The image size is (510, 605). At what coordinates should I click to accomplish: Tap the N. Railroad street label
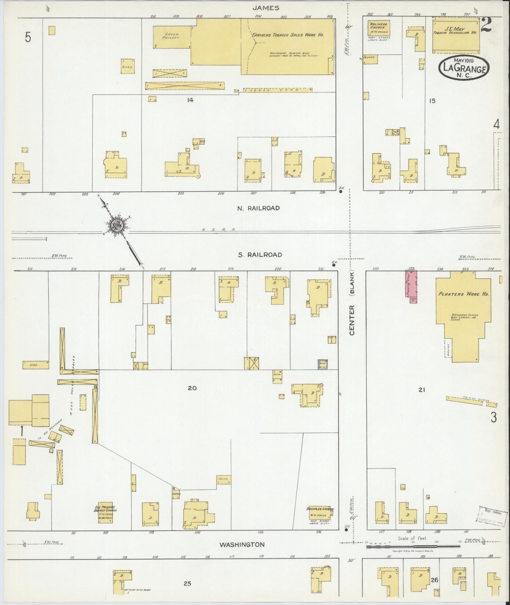[x=259, y=208]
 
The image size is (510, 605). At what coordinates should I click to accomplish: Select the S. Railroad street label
[x=260, y=255]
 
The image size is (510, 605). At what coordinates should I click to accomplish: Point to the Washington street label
[x=242, y=545]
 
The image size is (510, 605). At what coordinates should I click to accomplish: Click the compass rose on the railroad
[x=116, y=225]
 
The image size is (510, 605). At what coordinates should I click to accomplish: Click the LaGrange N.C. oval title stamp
[x=464, y=68]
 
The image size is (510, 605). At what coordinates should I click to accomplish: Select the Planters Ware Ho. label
[x=464, y=294]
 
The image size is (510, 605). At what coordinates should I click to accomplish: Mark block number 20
[x=192, y=388]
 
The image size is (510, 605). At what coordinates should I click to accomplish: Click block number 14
[x=190, y=100]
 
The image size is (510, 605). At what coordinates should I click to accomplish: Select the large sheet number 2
[x=486, y=25]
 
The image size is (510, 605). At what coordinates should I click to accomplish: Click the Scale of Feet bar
[x=413, y=546]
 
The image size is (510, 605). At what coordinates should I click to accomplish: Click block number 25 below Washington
[x=187, y=583]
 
